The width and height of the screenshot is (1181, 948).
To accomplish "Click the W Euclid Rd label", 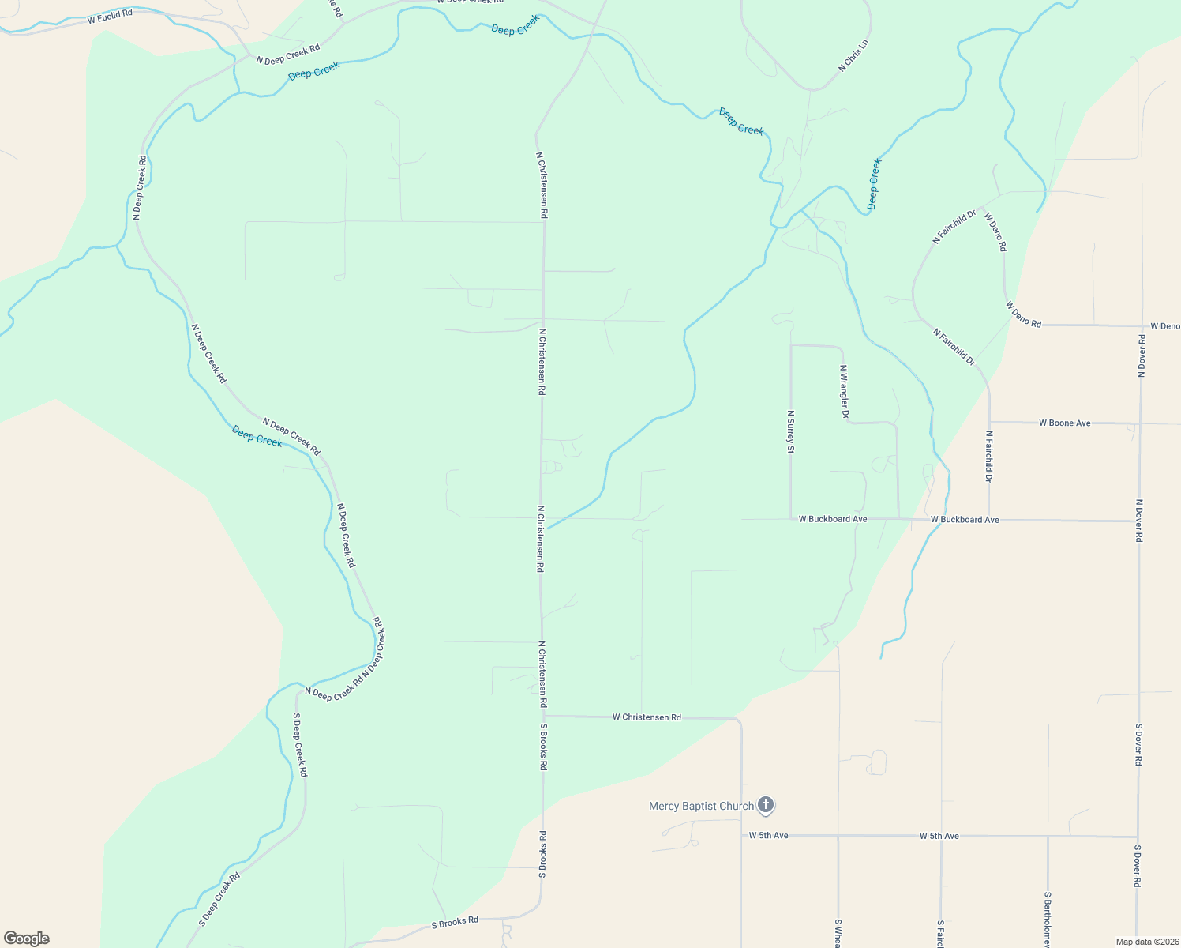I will [x=110, y=15].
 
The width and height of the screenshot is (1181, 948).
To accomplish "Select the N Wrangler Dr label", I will [x=844, y=391].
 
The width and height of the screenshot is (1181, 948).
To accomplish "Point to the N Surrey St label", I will [x=790, y=431].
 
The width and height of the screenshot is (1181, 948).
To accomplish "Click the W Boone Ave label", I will [x=1064, y=423].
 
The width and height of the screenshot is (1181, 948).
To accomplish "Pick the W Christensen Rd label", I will [x=647, y=717].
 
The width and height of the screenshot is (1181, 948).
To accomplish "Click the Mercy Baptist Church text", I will [x=701, y=807].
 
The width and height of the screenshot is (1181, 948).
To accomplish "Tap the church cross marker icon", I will [x=765, y=805].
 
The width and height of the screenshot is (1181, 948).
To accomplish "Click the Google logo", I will [x=27, y=939].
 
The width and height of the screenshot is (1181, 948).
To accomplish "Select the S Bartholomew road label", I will [x=1048, y=920].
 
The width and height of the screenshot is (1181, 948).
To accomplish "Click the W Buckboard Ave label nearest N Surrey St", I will [x=833, y=519].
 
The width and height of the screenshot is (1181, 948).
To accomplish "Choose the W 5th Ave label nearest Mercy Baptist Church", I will [x=768, y=835].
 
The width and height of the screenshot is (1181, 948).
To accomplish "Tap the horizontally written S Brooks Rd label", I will [x=455, y=921].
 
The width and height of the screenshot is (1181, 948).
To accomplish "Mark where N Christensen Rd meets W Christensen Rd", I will [x=543, y=716].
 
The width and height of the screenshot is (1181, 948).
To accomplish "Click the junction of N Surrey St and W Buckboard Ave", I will [x=791, y=519].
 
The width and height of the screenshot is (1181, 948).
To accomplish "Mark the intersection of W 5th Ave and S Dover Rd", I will [x=1138, y=837].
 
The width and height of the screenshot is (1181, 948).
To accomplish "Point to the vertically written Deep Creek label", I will [x=874, y=183].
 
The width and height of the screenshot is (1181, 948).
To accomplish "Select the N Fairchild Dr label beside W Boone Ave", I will [x=988, y=456].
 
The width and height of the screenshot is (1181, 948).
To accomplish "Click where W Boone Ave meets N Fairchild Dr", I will [x=989, y=423].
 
